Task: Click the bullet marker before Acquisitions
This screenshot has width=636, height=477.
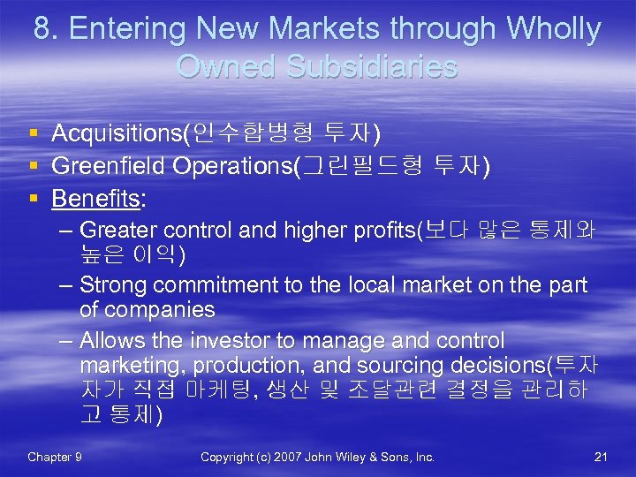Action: pyautogui.click(x=33, y=134)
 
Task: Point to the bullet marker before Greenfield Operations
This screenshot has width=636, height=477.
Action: pyautogui.click(x=33, y=166)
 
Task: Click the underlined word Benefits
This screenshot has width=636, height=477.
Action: pyautogui.click(x=95, y=199)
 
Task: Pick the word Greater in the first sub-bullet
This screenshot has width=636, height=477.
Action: pyautogui.click(x=116, y=231)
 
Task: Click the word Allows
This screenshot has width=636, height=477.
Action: pyautogui.click(x=110, y=341)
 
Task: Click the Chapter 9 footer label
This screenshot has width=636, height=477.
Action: pyautogui.click(x=55, y=457)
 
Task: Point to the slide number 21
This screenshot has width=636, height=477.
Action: pyautogui.click(x=601, y=457)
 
